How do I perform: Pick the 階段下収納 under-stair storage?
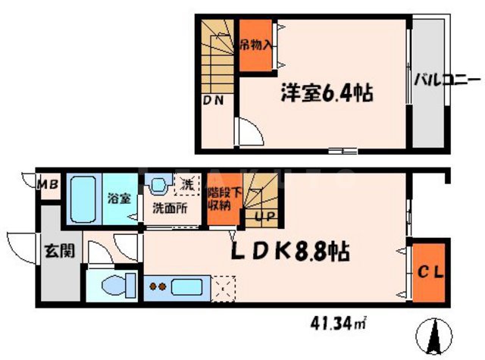(x=220, y=201)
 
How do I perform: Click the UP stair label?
(x=257, y=217)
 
